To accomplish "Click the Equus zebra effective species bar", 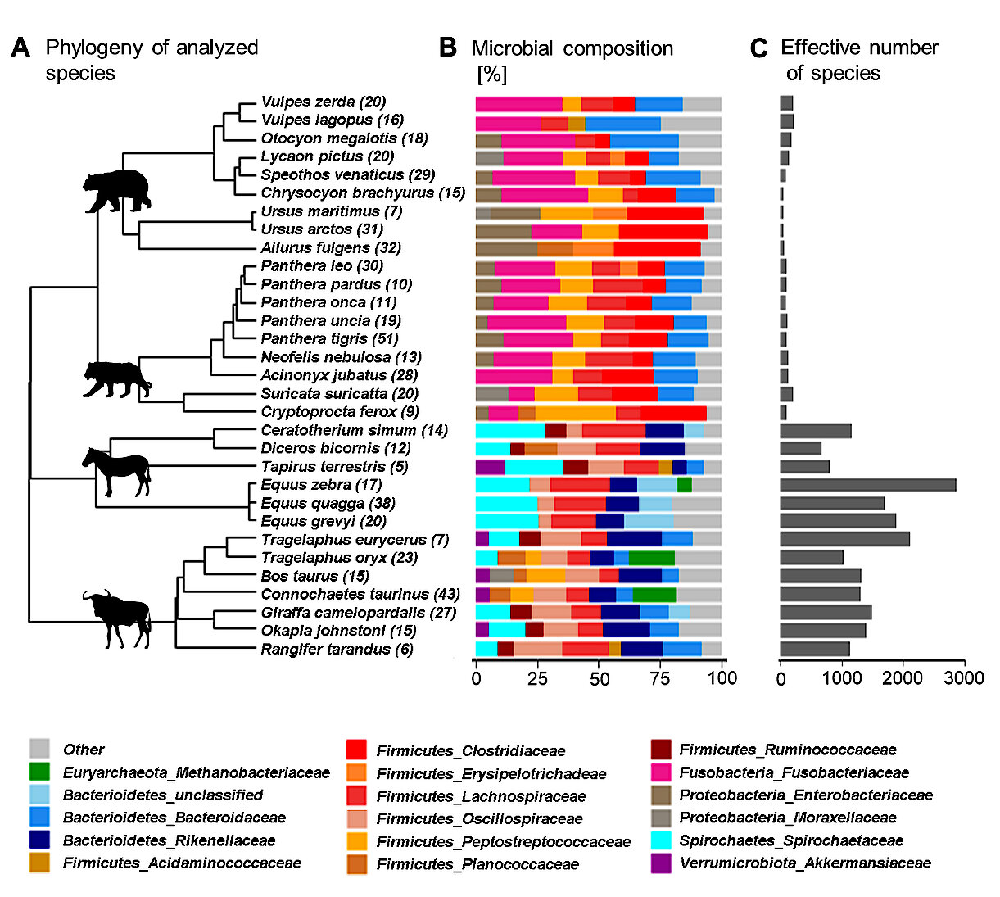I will (867, 485).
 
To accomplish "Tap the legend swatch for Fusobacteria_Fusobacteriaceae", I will (662, 772).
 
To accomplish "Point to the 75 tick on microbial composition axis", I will (660, 678).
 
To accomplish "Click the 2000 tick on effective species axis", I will (903, 678).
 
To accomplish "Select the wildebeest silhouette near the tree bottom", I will (115, 617).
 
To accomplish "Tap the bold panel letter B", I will (448, 48).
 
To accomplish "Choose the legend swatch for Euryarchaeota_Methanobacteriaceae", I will (39, 772).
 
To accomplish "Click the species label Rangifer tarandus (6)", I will (337, 650).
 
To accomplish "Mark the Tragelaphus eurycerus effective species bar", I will (844, 539).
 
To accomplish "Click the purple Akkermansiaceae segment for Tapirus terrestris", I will (490, 467).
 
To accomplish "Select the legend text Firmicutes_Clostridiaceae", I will (470, 751).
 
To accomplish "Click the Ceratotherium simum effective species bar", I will (815, 431).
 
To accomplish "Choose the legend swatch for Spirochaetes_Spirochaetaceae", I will (662, 840).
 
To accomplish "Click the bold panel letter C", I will (758, 48).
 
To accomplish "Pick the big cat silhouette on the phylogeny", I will (116, 378).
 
